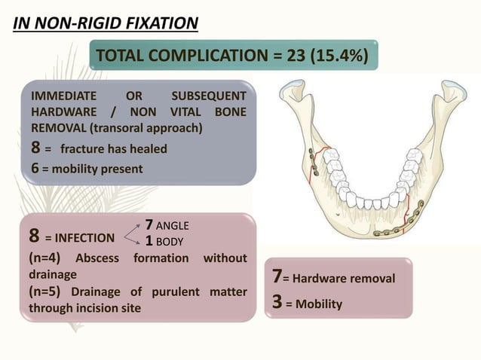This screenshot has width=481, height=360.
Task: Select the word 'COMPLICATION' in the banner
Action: pos(220,56)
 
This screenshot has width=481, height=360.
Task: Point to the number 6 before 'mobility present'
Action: pos(34,169)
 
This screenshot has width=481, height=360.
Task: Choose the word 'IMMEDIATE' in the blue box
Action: pos(63,96)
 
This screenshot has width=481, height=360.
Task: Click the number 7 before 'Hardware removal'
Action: pos(276,278)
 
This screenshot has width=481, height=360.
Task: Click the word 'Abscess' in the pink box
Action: pos(100,258)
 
